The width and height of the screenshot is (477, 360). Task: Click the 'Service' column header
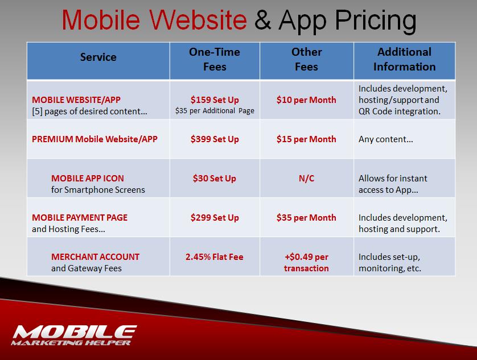pos(98,57)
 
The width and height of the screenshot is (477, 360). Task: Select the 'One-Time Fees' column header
pos(215,59)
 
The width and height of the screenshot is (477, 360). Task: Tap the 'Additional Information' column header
pos(404,59)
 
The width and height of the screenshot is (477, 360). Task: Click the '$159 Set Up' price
pos(215,100)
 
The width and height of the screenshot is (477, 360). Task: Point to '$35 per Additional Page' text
pos(215,111)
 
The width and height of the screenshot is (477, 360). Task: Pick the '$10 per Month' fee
pos(306,100)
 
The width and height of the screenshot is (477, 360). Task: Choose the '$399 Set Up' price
pos(215,139)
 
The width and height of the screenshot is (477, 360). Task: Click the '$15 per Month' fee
pos(306,139)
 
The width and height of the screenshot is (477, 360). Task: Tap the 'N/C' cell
pos(306,178)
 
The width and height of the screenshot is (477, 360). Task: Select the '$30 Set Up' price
pos(215,178)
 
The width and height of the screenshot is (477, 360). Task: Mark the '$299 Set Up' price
pos(215,217)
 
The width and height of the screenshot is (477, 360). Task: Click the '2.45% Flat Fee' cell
pos(215,257)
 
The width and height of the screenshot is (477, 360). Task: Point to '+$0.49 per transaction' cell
pos(306,262)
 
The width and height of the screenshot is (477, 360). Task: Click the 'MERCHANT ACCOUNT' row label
pos(95,257)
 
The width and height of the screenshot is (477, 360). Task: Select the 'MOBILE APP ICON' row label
pos(88,178)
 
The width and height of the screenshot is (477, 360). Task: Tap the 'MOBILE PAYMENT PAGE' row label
pos(80,217)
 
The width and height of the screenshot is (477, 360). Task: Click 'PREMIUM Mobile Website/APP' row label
pos(94,139)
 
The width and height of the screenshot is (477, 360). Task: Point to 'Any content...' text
pos(386,139)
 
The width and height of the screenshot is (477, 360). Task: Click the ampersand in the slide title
pos(262,19)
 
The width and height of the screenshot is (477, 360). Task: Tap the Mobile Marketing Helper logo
pos(74,335)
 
